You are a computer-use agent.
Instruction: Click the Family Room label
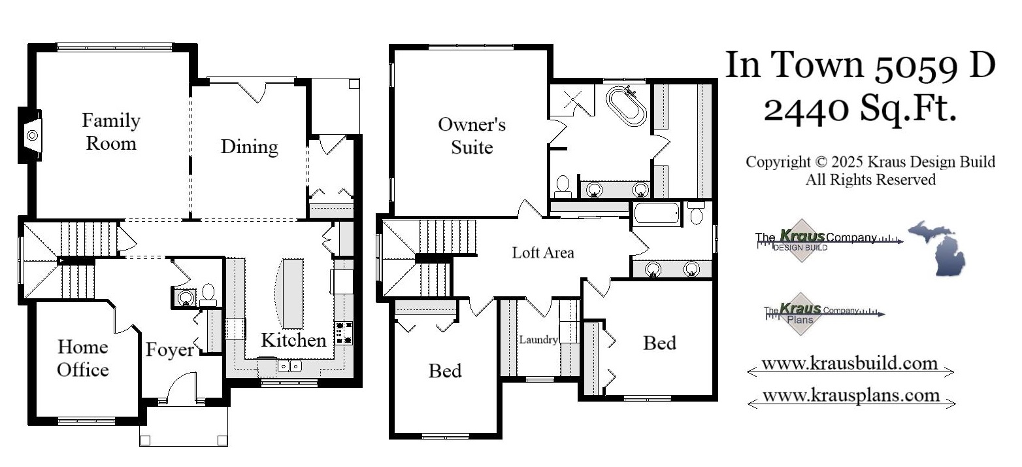110,131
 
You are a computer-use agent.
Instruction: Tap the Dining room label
249,147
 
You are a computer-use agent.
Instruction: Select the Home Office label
82,358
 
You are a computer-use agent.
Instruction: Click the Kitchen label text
293,340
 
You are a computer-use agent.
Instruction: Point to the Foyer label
169,350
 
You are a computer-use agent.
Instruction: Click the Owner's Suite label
472,135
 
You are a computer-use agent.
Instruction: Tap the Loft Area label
543,252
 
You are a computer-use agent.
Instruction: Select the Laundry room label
538,339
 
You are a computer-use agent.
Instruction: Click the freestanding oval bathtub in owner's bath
626,106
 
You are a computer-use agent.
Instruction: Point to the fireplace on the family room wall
32,135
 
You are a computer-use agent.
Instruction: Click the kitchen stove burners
343,333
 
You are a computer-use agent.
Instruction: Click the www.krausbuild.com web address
849,364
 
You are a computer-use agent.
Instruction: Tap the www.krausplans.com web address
851,396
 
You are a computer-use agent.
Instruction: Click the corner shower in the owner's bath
572,100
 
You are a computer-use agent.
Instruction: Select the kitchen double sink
288,366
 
